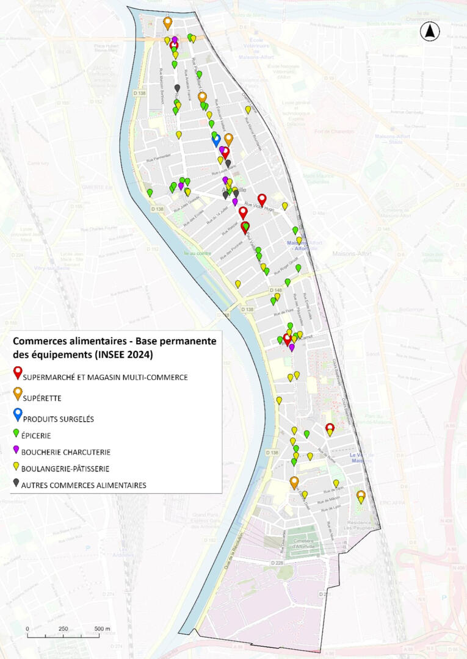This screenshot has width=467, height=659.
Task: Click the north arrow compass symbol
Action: pyautogui.click(x=430, y=31)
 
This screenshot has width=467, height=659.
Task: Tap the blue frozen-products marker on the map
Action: pyautogui.click(x=216, y=140)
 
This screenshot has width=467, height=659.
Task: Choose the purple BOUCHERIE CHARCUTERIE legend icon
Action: pyautogui.click(x=16, y=451)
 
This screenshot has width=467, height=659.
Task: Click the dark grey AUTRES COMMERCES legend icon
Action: pyautogui.click(x=16, y=484)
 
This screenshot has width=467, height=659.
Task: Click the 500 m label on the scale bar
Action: pyautogui.click(x=102, y=628)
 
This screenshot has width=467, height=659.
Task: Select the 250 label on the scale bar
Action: pyautogui.click(x=63, y=628)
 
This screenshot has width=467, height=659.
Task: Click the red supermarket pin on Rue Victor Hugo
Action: pyautogui.click(x=262, y=199)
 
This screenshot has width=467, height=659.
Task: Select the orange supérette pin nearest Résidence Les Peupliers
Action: pyautogui.click(x=361, y=495)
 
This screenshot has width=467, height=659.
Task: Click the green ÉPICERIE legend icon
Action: pyautogui.click(x=16, y=434)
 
